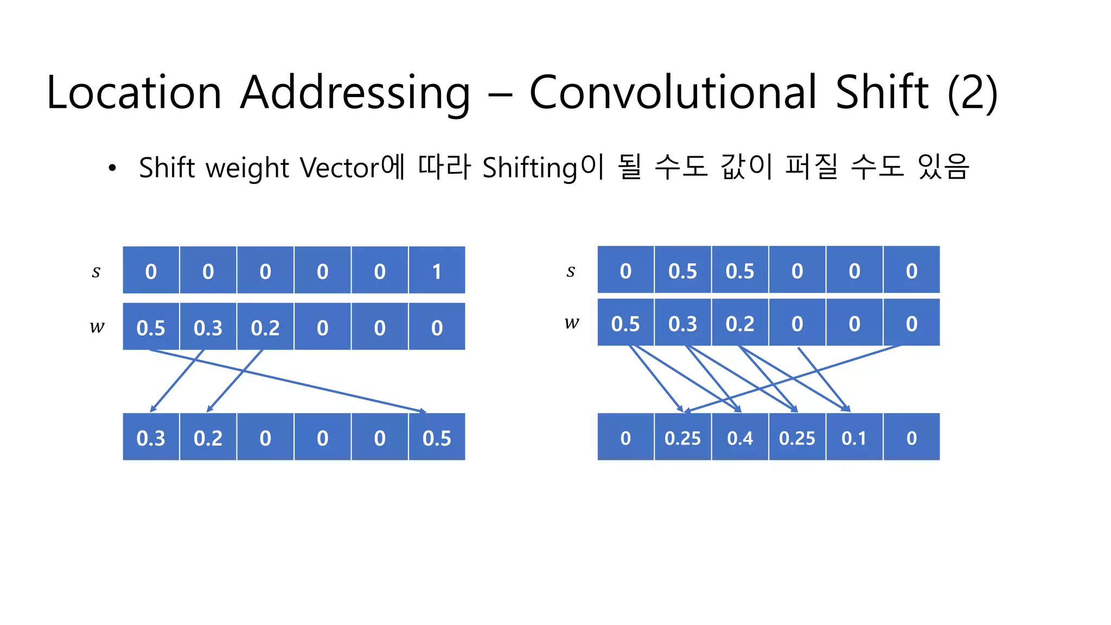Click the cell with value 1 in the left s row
point(437,271)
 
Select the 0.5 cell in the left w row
point(151,327)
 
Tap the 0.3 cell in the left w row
point(208,327)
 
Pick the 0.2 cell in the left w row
point(265,327)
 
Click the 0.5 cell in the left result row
point(437,438)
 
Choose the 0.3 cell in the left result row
point(151,438)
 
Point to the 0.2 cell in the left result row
point(208,438)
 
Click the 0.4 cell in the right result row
point(740,438)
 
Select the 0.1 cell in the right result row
point(854,438)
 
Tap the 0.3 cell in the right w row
point(682,323)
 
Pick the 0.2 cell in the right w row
point(740,323)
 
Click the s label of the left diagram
point(96,271)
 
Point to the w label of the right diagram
point(572,323)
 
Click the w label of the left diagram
point(97,327)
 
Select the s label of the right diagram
point(571,270)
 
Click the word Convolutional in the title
point(673,92)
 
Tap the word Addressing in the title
point(355,92)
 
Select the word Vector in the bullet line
point(340,167)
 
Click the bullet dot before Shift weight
point(112,168)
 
